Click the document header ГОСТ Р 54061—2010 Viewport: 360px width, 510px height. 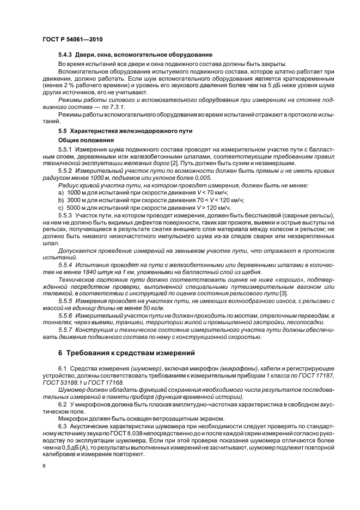pos(72,40)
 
